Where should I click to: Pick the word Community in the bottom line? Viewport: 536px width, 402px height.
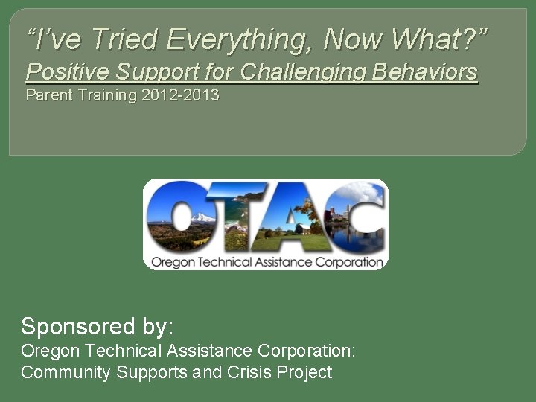66,372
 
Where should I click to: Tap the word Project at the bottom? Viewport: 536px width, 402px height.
304,372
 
